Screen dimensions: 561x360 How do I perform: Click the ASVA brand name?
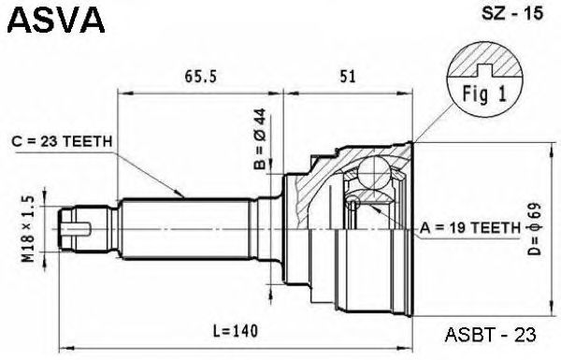pyautogui.click(x=56, y=20)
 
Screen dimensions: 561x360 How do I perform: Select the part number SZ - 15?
pyautogui.click(x=512, y=14)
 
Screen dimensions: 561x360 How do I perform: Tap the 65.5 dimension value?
pyautogui.click(x=201, y=77)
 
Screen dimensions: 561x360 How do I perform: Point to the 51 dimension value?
pyautogui.click(x=348, y=77)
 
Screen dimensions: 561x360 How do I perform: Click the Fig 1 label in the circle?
pyautogui.click(x=484, y=94)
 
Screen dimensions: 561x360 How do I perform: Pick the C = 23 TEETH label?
pyautogui.click(x=63, y=142)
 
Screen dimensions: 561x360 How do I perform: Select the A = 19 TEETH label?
pyautogui.click(x=470, y=227)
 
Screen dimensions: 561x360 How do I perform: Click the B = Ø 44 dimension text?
pyautogui.click(x=260, y=138)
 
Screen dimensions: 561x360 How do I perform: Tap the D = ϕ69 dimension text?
pyautogui.click(x=535, y=229)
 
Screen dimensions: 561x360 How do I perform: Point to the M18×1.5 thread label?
pyautogui.click(x=29, y=229)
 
